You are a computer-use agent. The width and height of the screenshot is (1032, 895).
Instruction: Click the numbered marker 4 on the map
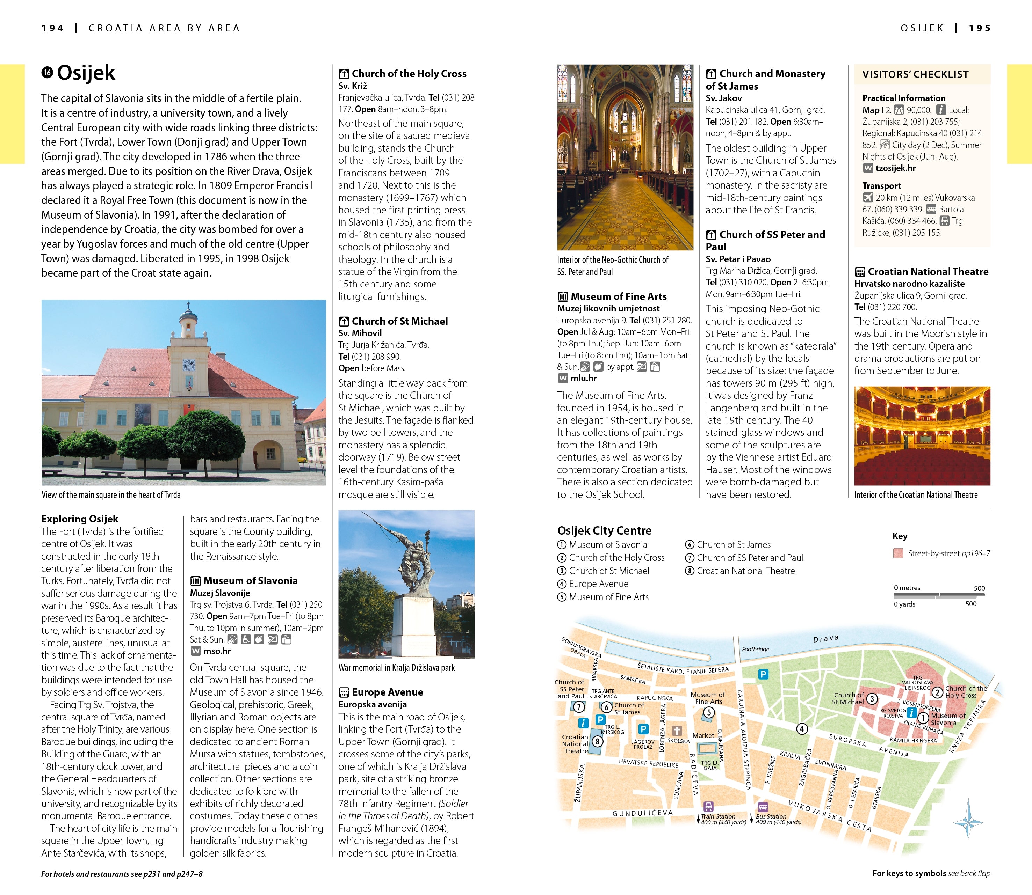(x=802, y=729)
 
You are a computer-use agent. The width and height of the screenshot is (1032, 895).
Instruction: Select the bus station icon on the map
(x=763, y=807)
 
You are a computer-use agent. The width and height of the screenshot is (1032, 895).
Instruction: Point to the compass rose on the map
(x=968, y=822)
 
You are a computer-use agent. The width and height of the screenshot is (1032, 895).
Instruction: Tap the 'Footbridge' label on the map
(x=755, y=649)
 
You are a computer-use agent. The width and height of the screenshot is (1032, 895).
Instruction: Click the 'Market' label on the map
(x=703, y=735)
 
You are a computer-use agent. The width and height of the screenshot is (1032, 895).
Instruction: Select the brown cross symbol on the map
(x=677, y=731)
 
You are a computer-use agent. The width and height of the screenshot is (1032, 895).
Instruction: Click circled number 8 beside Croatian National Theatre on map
(x=597, y=741)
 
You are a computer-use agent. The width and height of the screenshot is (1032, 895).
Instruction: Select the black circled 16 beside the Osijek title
(x=47, y=73)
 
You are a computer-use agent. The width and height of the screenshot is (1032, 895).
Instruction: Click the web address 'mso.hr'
(x=217, y=651)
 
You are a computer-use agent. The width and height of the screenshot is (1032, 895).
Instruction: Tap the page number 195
(x=980, y=29)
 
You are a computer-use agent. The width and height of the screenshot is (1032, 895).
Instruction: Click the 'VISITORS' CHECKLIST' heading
(x=915, y=74)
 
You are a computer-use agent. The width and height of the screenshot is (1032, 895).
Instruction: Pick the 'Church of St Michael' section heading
(x=399, y=321)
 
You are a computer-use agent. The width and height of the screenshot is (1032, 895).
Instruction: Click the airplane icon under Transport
(x=868, y=198)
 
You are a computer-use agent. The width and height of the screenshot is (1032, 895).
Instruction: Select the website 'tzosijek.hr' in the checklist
(x=895, y=168)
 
